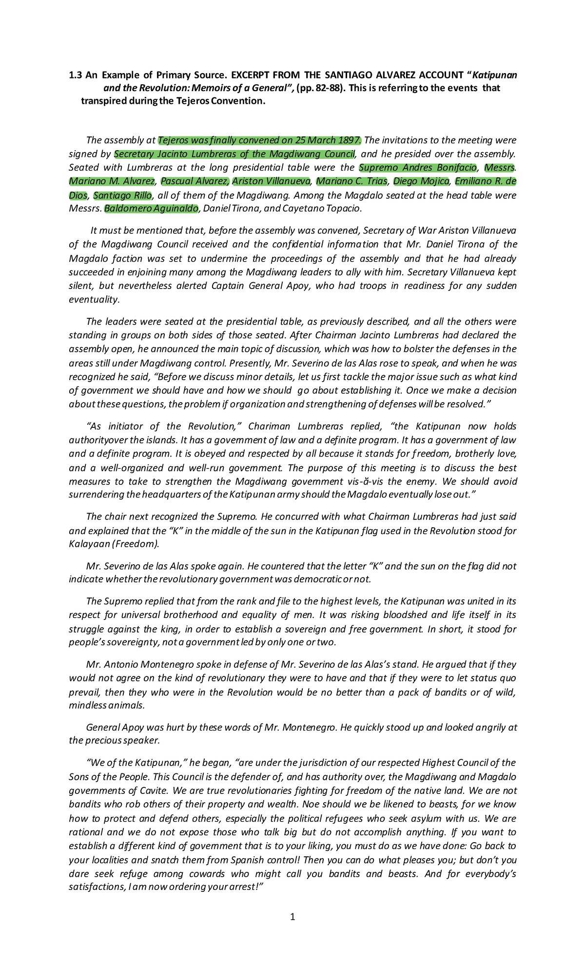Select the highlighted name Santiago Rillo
[x=122, y=195]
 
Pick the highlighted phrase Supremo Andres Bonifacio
[x=418, y=168]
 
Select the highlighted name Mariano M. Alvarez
[x=112, y=182]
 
